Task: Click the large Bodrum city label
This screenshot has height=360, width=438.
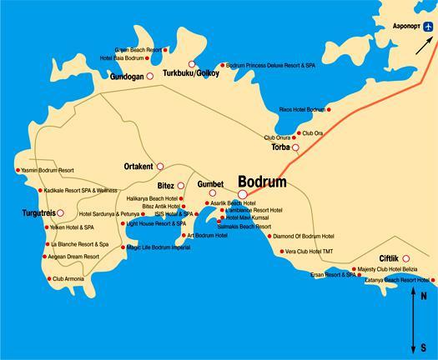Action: point(262,182)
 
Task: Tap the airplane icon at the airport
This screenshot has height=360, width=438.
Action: point(427,27)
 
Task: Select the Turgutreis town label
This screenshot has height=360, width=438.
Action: point(37,213)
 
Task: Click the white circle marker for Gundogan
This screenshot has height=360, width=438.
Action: point(150,76)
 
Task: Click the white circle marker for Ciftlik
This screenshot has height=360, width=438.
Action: point(406,258)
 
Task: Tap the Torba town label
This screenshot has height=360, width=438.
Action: point(280,147)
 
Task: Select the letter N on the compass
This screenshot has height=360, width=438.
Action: point(423,296)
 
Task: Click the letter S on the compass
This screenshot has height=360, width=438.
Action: point(423,347)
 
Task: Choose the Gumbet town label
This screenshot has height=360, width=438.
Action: point(210,183)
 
